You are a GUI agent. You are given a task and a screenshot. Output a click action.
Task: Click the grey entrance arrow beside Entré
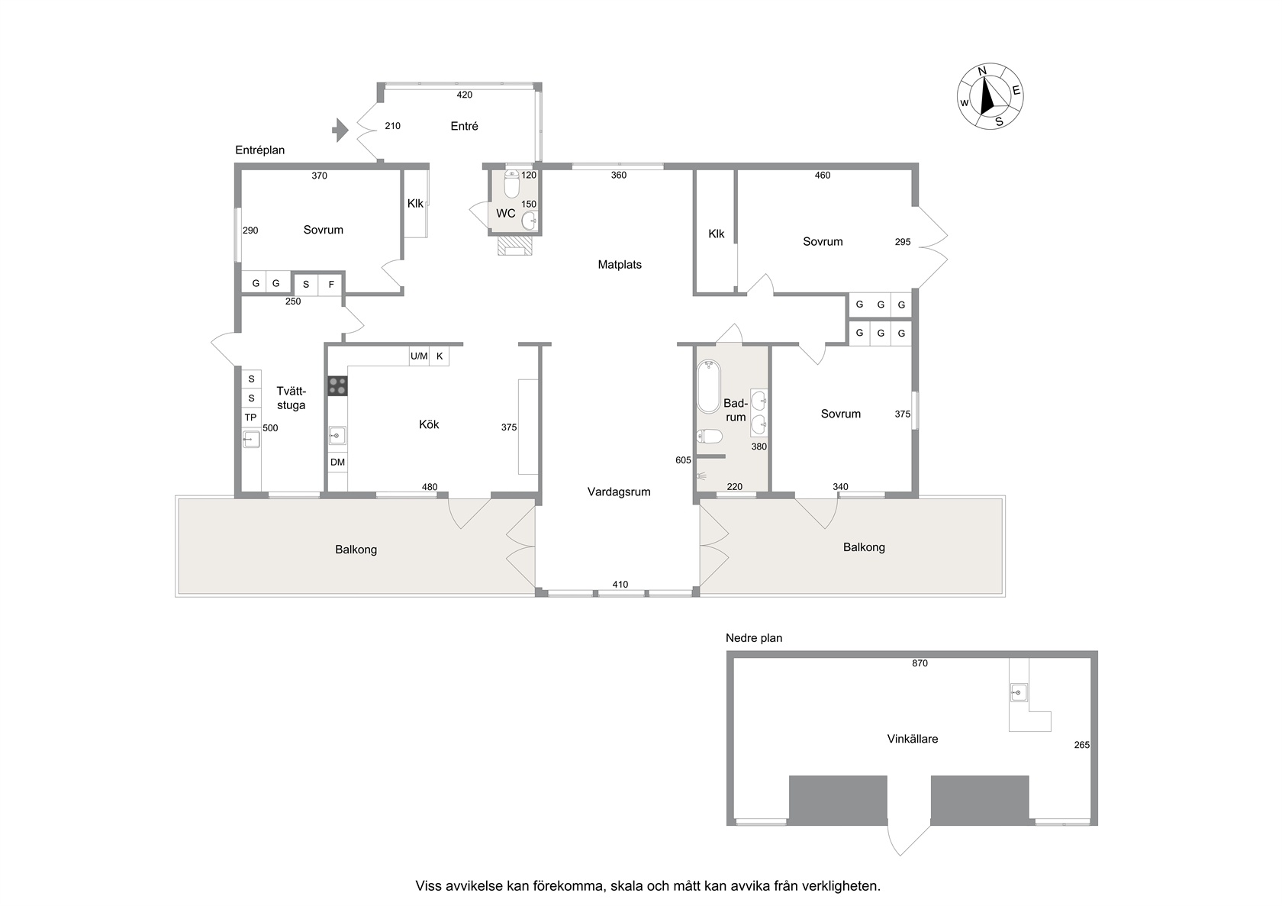coord(340,130)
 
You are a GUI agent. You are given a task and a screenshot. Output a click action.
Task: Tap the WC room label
coord(505,214)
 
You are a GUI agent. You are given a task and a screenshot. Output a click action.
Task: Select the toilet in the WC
coord(511,183)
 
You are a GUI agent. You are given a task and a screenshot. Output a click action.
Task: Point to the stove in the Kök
coord(337,386)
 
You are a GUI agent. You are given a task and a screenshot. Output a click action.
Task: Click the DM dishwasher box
coord(337,462)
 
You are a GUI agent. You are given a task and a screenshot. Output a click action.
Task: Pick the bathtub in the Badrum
coord(708,386)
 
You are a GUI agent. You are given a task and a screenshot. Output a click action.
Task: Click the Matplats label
coord(620,264)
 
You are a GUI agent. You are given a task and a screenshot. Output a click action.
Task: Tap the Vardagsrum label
coord(619,492)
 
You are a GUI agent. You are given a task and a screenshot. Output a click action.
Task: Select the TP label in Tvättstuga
coord(250,418)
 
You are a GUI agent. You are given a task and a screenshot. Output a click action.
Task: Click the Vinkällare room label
coord(913,739)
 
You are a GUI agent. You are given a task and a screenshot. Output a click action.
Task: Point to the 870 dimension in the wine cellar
coord(920,663)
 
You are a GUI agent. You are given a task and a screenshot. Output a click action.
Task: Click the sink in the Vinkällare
coord(1019,693)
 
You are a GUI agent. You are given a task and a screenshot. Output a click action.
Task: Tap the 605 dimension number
coord(684,460)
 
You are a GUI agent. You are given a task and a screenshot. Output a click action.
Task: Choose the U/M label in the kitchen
coord(419,356)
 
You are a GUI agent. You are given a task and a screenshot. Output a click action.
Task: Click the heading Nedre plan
coord(754,638)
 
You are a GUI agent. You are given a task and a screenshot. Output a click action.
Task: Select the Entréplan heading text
coord(259,150)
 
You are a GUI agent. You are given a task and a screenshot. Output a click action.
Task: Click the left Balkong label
coord(356,550)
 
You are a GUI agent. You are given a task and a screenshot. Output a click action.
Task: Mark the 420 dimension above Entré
coord(464,95)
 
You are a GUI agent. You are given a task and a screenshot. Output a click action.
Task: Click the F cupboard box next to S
coord(331,285)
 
